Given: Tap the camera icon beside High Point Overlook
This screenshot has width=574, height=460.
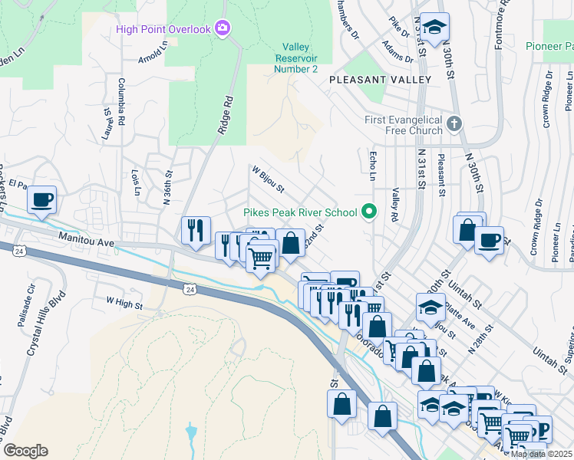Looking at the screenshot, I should (x=223, y=29).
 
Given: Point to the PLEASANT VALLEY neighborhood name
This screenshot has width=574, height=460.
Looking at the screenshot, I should (x=380, y=80).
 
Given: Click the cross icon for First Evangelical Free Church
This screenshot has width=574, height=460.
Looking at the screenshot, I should (x=454, y=123).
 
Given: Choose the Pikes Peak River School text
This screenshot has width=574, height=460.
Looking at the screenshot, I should (x=300, y=212).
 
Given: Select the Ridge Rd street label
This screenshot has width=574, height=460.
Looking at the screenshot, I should (x=224, y=116).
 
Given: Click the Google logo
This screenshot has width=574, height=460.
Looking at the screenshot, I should (x=25, y=451).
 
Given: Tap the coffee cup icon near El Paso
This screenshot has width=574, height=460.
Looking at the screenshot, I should (x=41, y=201).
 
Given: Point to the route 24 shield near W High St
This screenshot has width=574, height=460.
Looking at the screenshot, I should (x=189, y=288).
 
